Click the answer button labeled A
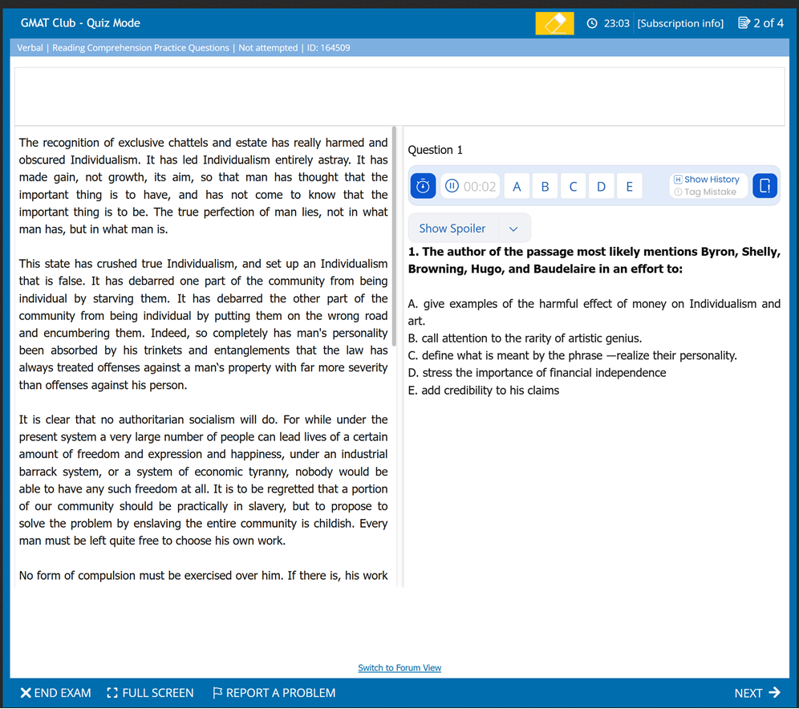(x=517, y=187)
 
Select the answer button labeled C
(x=573, y=187)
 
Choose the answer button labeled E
(x=629, y=187)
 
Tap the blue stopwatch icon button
(x=424, y=186)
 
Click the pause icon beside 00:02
(x=452, y=186)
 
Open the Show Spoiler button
(x=452, y=229)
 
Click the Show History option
(x=708, y=180)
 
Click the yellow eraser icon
(x=554, y=23)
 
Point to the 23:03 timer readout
(x=610, y=23)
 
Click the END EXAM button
(x=55, y=693)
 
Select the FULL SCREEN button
(x=150, y=693)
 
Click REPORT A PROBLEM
(x=274, y=693)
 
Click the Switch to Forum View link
(x=399, y=668)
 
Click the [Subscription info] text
(x=680, y=23)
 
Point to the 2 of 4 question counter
(x=761, y=23)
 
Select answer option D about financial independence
(x=537, y=373)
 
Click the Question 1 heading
(x=436, y=150)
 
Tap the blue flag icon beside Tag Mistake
(x=765, y=186)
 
